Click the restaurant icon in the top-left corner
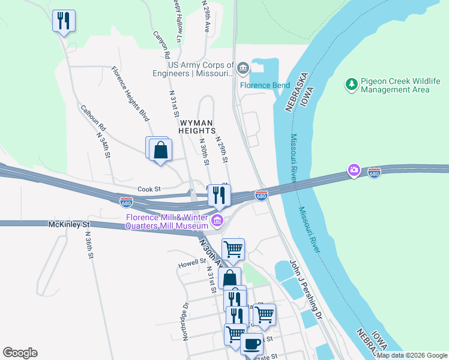click(63, 21)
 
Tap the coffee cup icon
click(252, 344)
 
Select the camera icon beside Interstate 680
click(354, 170)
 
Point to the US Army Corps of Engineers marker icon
click(243, 67)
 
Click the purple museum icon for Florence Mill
click(217, 222)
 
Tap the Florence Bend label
click(265, 85)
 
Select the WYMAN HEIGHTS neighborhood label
click(197, 126)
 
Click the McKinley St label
click(68, 224)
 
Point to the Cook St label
click(149, 188)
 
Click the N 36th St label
click(88, 245)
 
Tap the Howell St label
click(191, 263)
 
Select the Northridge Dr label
click(185, 321)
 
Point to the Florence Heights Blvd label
click(129, 94)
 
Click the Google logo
click(20, 353)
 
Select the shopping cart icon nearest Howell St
click(233, 248)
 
